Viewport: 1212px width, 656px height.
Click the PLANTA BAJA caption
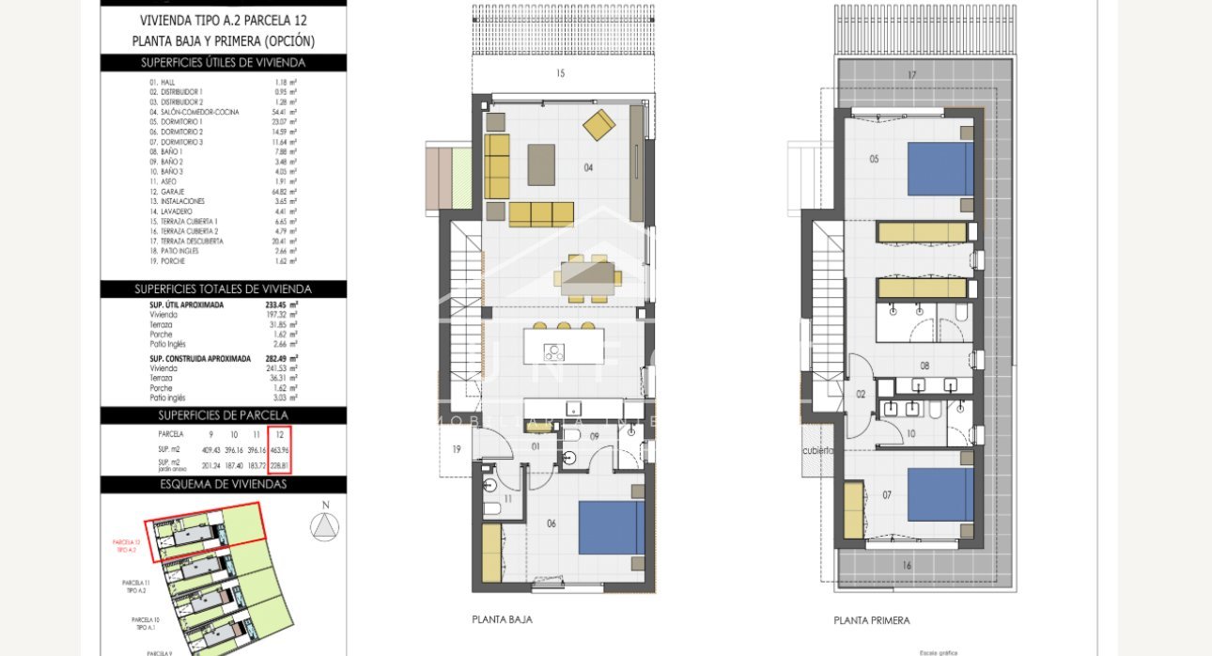(x=502, y=619)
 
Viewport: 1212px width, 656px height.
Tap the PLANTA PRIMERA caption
(x=871, y=620)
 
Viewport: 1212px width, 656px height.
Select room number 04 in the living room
(x=588, y=168)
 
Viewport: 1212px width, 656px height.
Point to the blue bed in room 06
(x=612, y=527)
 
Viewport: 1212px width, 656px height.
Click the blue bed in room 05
(x=940, y=168)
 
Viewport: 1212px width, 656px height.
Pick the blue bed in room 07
(x=940, y=493)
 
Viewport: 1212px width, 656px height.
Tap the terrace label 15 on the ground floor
(x=560, y=73)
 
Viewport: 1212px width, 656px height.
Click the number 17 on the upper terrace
(x=911, y=75)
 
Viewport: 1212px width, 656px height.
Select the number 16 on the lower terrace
(x=906, y=565)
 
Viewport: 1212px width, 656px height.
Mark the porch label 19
(x=457, y=450)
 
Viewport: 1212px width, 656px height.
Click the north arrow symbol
(x=325, y=525)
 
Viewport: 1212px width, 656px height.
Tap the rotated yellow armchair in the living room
(x=598, y=124)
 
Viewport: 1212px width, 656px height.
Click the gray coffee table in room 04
(x=541, y=164)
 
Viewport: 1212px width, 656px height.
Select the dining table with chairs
(x=587, y=276)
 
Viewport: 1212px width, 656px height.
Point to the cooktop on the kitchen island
(x=554, y=352)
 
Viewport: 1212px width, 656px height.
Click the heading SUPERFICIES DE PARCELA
(x=223, y=414)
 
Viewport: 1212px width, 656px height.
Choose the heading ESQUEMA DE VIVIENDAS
(x=223, y=484)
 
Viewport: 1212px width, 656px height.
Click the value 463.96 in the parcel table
(x=279, y=449)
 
